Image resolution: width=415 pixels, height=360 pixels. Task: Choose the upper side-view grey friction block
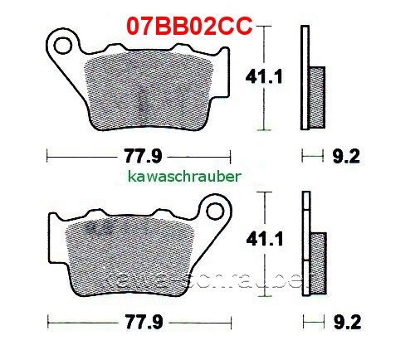(x=316, y=95)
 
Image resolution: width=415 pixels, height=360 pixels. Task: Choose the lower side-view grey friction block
(x=316, y=260)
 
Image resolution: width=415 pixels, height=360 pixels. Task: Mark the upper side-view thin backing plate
(x=305, y=79)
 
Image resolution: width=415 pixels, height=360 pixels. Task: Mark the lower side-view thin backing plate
(x=305, y=245)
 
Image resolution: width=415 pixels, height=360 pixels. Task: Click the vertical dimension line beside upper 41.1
(x=264, y=77)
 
